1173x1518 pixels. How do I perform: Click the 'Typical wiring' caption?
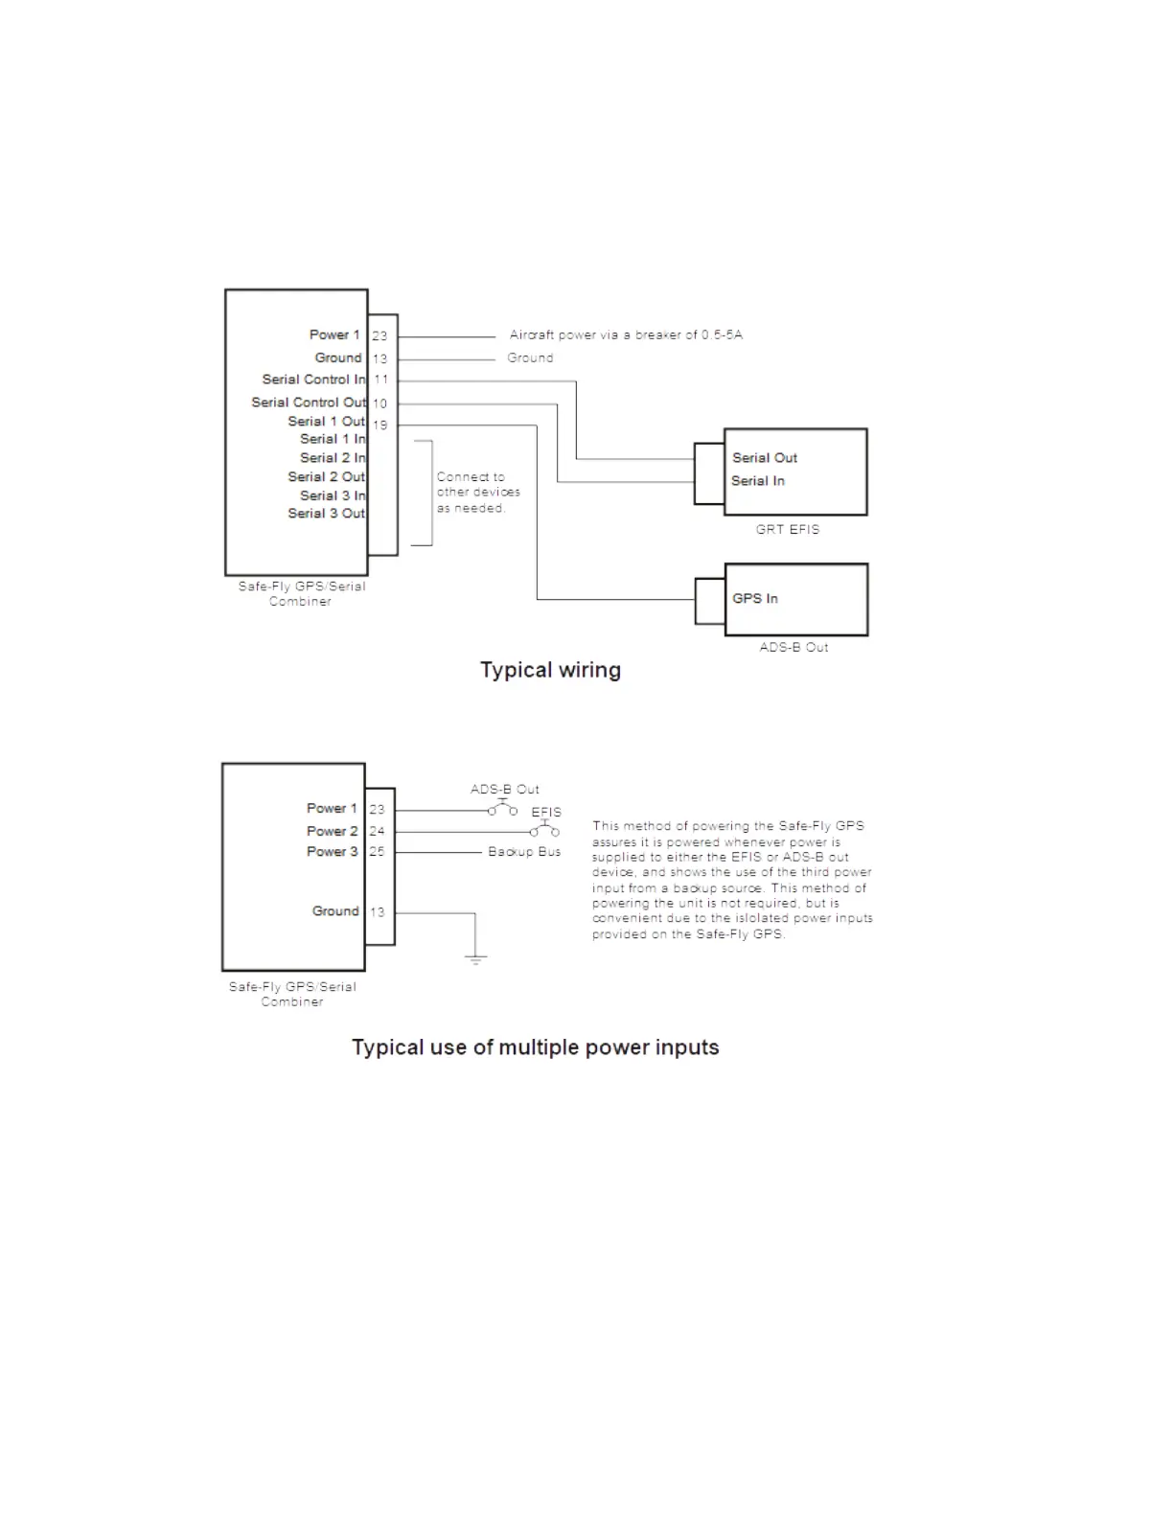550,670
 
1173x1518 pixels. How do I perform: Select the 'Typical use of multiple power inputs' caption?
535,1047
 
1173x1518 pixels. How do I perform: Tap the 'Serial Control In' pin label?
313,379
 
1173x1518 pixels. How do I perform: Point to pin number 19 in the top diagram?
380,425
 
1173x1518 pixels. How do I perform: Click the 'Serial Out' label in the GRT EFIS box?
765,458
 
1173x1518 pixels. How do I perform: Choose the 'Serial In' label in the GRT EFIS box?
758,481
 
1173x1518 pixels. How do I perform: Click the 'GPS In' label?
755,599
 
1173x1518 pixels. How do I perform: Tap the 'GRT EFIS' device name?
788,529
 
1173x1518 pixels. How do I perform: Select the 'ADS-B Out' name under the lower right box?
793,648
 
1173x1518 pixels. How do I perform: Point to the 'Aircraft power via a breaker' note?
626,335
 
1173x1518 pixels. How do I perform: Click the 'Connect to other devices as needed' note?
477,493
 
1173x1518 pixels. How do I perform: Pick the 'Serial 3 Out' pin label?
326,514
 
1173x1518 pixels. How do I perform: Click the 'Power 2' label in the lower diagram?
332,831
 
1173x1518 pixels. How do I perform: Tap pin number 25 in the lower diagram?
378,852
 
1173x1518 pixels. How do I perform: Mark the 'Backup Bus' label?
524,852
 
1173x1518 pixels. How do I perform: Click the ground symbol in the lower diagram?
475,957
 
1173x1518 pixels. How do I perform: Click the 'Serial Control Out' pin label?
309,402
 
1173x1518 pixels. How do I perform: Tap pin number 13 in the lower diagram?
378,912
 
